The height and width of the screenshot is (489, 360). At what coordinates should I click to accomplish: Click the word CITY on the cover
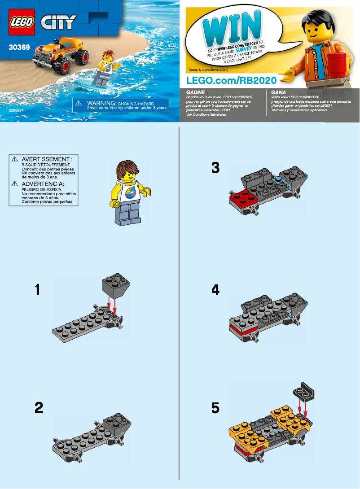click(59, 22)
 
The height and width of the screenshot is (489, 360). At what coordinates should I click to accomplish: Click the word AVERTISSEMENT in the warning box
click(49, 159)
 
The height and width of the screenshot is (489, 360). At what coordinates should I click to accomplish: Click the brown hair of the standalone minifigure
click(127, 170)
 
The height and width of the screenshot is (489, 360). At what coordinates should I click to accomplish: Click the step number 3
click(215, 167)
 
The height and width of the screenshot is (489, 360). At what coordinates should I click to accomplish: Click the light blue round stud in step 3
click(278, 179)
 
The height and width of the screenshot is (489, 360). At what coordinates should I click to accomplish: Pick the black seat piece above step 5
click(304, 391)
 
